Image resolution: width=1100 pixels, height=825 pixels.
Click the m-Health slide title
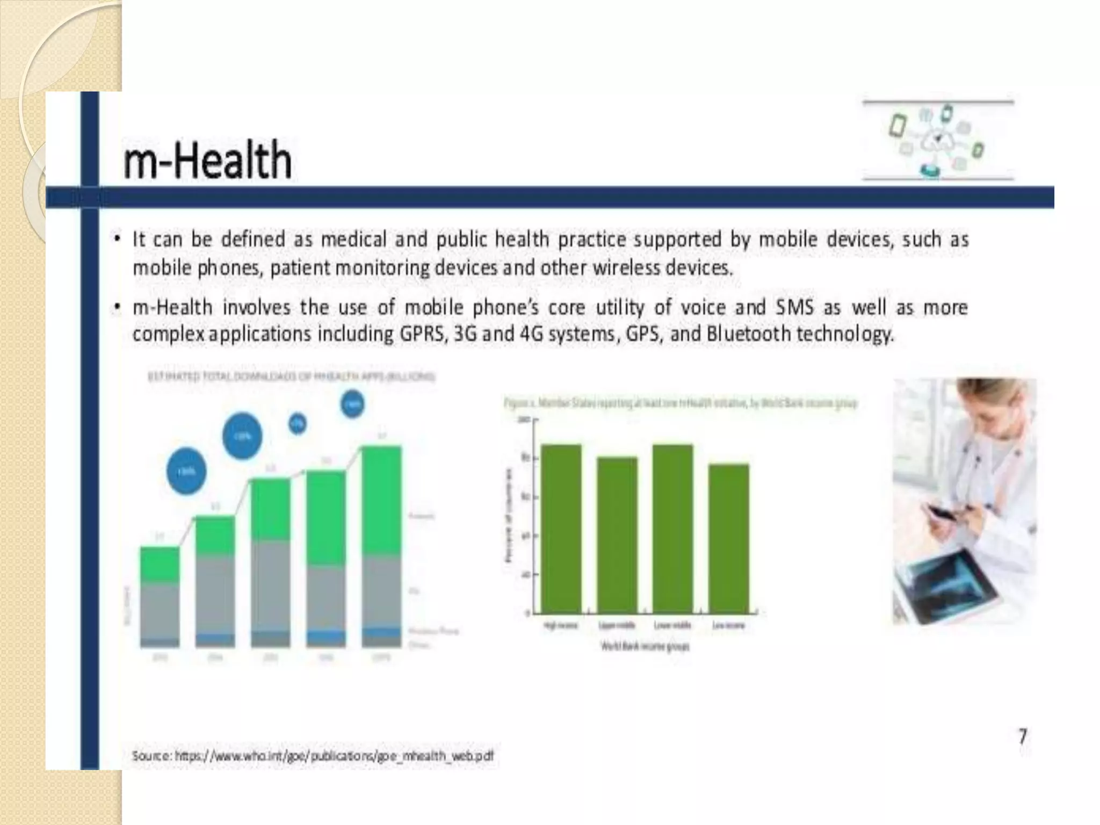point(207,160)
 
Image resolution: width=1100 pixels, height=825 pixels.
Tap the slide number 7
point(1023,736)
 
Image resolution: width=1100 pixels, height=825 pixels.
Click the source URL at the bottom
point(313,756)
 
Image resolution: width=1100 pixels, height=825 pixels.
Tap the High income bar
point(561,529)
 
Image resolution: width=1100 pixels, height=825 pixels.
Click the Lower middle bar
point(673,529)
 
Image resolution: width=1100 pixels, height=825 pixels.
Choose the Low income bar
point(729,538)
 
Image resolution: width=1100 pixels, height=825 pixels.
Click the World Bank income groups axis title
point(645,646)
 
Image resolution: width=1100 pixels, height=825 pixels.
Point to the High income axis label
point(561,625)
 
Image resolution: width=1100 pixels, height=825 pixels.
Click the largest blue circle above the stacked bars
point(242,436)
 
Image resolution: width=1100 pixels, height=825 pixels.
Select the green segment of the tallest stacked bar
point(381,501)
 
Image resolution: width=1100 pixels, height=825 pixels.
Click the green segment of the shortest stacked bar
point(160,564)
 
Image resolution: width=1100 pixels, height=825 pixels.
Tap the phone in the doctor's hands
point(942,512)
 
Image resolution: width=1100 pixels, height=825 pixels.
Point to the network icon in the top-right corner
point(938,140)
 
